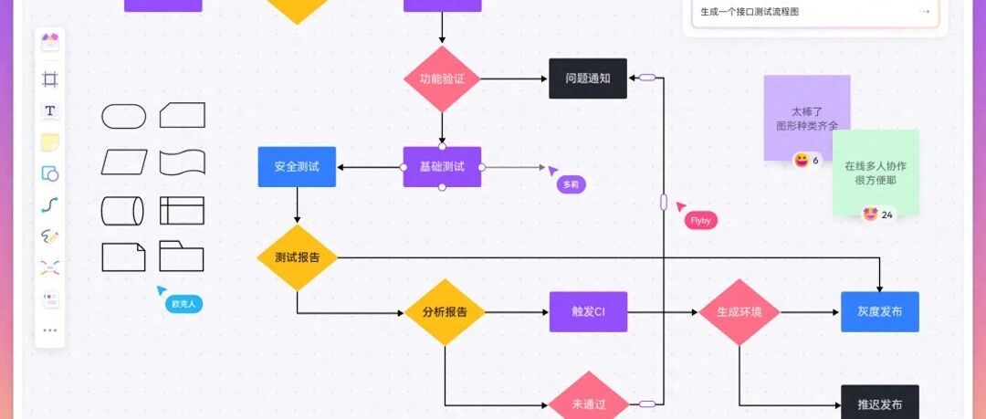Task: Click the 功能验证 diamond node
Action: click(442, 79)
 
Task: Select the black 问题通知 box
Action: click(588, 79)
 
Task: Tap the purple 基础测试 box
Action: click(442, 167)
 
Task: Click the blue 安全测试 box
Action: click(297, 167)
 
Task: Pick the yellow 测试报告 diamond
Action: click(298, 257)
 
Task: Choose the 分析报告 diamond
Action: click(445, 312)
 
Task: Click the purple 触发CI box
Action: click(588, 312)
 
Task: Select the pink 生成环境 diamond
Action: click(739, 312)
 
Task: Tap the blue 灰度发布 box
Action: click(879, 312)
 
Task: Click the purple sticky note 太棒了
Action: click(807, 118)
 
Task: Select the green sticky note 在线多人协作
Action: click(875, 173)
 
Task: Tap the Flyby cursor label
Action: click(701, 220)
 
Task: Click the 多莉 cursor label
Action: click(571, 184)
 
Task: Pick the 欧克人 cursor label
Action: click(184, 304)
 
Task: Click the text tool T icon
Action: click(50, 110)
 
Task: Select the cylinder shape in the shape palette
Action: click(122, 211)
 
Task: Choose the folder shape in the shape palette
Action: click(182, 257)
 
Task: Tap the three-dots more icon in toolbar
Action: click(50, 330)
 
